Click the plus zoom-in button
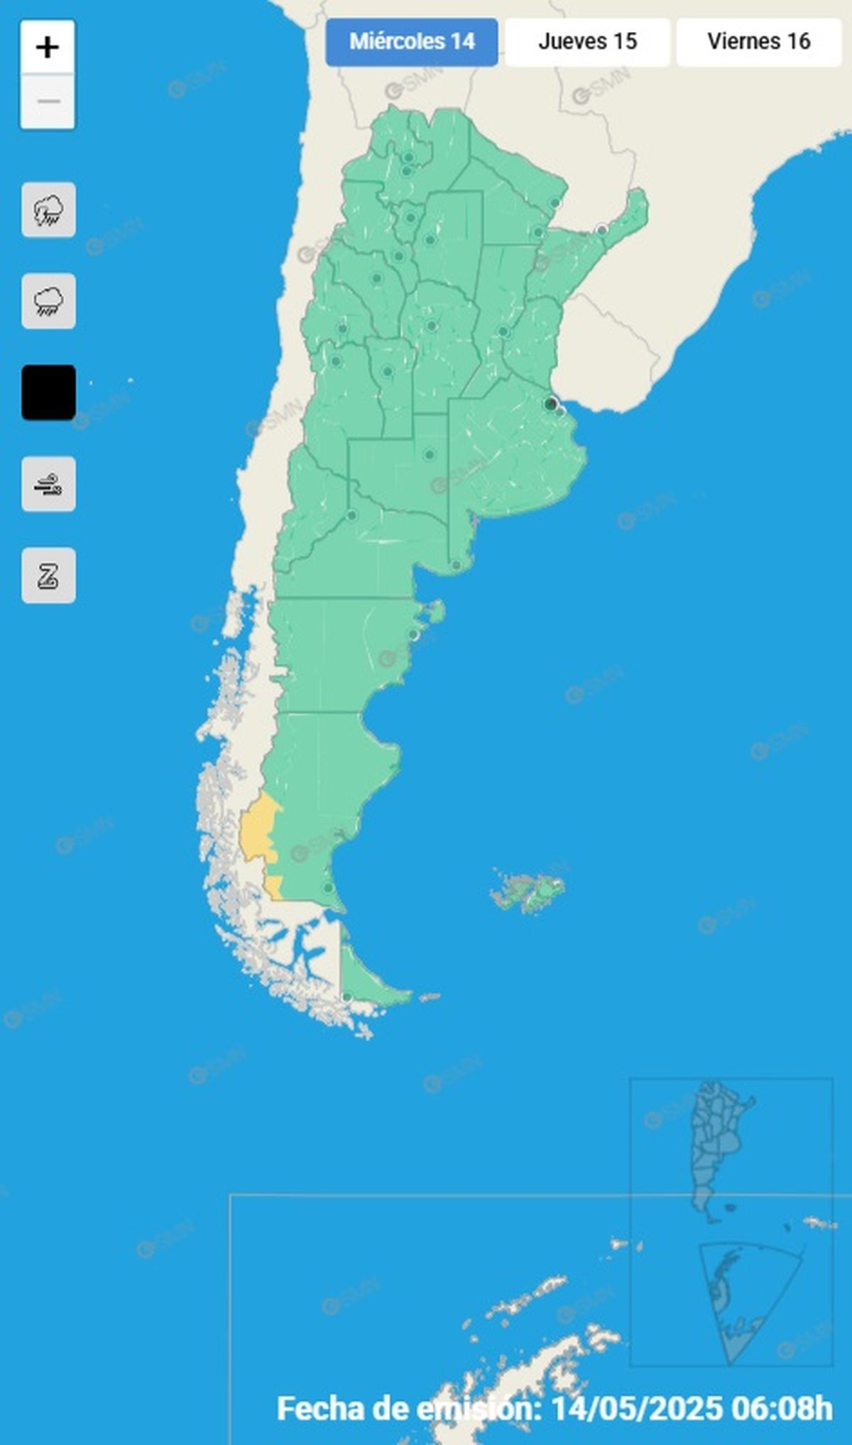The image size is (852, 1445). pyautogui.click(x=48, y=48)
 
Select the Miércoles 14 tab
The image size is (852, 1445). pyautogui.click(x=412, y=42)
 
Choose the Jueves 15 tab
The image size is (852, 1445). pyautogui.click(x=587, y=42)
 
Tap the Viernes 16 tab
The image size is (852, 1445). pyautogui.click(x=758, y=42)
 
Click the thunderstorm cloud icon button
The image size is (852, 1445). pyautogui.click(x=48, y=210)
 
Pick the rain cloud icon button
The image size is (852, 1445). pyautogui.click(x=48, y=301)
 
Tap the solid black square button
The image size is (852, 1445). pyautogui.click(x=48, y=393)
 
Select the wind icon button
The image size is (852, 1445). pyautogui.click(x=48, y=484)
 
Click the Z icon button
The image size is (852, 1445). pyautogui.click(x=48, y=575)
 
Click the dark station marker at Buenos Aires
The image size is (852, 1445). pyautogui.click(x=550, y=404)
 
